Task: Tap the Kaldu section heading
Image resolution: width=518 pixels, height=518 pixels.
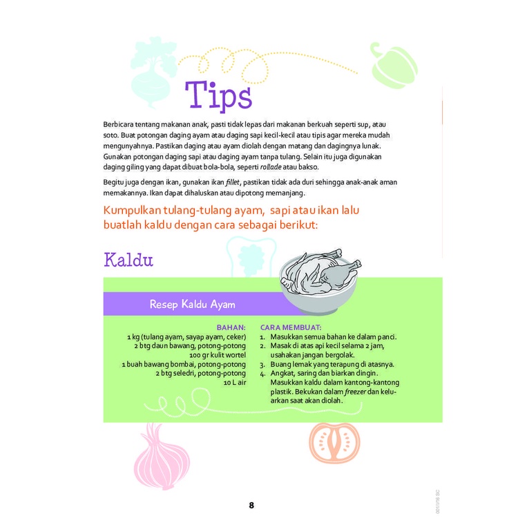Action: (x=128, y=260)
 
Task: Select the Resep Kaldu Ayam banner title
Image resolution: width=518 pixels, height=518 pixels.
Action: (x=193, y=304)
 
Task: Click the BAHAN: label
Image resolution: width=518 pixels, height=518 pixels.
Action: (x=231, y=328)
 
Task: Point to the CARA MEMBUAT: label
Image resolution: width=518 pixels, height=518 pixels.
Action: (x=291, y=328)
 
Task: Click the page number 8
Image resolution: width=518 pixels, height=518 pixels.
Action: (x=251, y=505)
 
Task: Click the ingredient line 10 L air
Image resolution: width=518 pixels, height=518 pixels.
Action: (x=235, y=382)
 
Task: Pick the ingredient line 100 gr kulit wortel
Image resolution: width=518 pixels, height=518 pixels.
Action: (x=217, y=355)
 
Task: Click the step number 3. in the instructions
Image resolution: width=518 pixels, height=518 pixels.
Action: (x=262, y=364)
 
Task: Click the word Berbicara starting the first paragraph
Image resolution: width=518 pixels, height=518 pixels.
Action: (x=118, y=124)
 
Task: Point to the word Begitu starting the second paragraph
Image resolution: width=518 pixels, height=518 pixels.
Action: (x=114, y=182)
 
